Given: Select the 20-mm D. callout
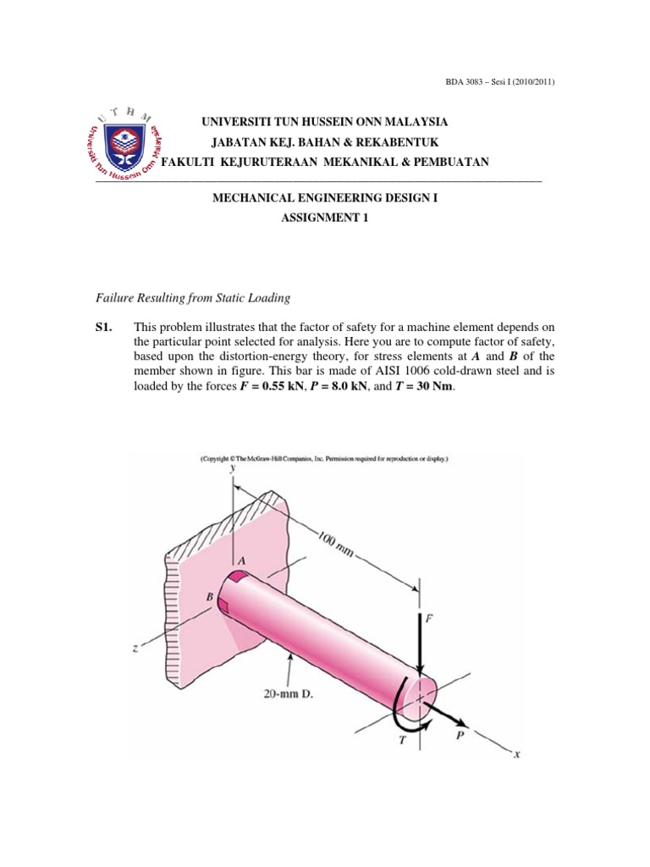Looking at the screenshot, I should [x=291, y=700].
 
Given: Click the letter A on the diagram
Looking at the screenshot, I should [x=241, y=560].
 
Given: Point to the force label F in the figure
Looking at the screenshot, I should [x=428, y=620].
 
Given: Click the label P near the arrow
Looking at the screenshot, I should [x=460, y=737].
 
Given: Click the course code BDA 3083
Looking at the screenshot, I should [x=454, y=81].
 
